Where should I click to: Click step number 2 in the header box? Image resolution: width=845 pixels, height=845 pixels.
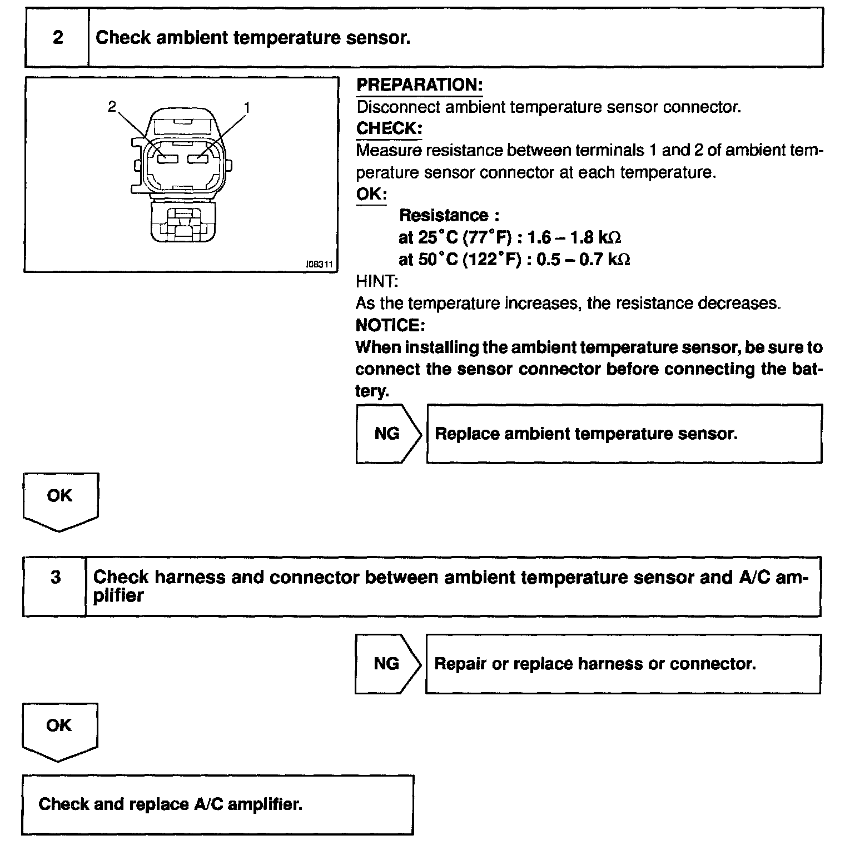coord(58,38)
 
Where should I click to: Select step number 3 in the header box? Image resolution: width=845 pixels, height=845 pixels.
coord(56,578)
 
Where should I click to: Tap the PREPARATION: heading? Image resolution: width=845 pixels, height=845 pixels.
coord(419,85)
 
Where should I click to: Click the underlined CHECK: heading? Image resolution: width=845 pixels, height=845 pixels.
coord(389,128)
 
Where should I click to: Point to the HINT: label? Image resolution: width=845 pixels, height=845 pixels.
coord(377,282)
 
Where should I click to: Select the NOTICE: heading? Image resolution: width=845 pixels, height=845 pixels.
coord(390,325)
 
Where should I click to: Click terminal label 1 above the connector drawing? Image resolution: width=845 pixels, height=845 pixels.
coord(247,107)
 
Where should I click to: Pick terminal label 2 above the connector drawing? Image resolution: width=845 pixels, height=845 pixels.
coord(112,106)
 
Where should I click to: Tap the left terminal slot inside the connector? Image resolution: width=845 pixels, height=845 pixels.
coord(167,160)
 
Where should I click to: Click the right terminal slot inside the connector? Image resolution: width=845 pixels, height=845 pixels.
coord(198,160)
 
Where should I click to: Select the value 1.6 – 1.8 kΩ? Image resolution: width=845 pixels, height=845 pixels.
coord(574,238)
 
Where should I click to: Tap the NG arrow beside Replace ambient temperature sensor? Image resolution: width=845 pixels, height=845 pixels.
coord(387,434)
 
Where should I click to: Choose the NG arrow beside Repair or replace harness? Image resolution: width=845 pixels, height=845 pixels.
coord(386,664)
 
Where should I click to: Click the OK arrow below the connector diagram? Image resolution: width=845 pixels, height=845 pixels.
coord(59,496)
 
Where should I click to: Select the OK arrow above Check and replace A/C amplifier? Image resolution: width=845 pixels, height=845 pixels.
coord(59,726)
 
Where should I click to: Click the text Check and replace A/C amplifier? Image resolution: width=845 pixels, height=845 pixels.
coord(170,804)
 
